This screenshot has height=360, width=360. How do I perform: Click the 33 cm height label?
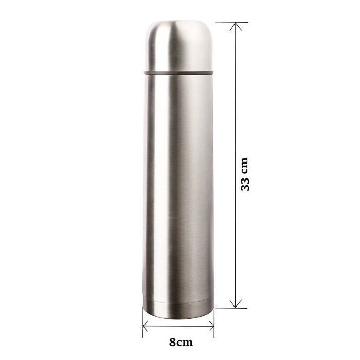coord(245,174)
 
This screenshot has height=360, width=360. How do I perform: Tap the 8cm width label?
coord(181,343)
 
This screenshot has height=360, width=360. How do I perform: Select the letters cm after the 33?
coord(245,165)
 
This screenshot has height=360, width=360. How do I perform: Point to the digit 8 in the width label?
coord(173,343)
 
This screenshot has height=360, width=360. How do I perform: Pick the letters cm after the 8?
coord(185,343)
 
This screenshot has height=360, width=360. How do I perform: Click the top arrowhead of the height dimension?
coord(236,26)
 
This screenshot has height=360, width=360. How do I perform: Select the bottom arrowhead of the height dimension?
coord(236,303)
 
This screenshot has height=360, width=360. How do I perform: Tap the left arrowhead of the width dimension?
coord(146,326)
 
